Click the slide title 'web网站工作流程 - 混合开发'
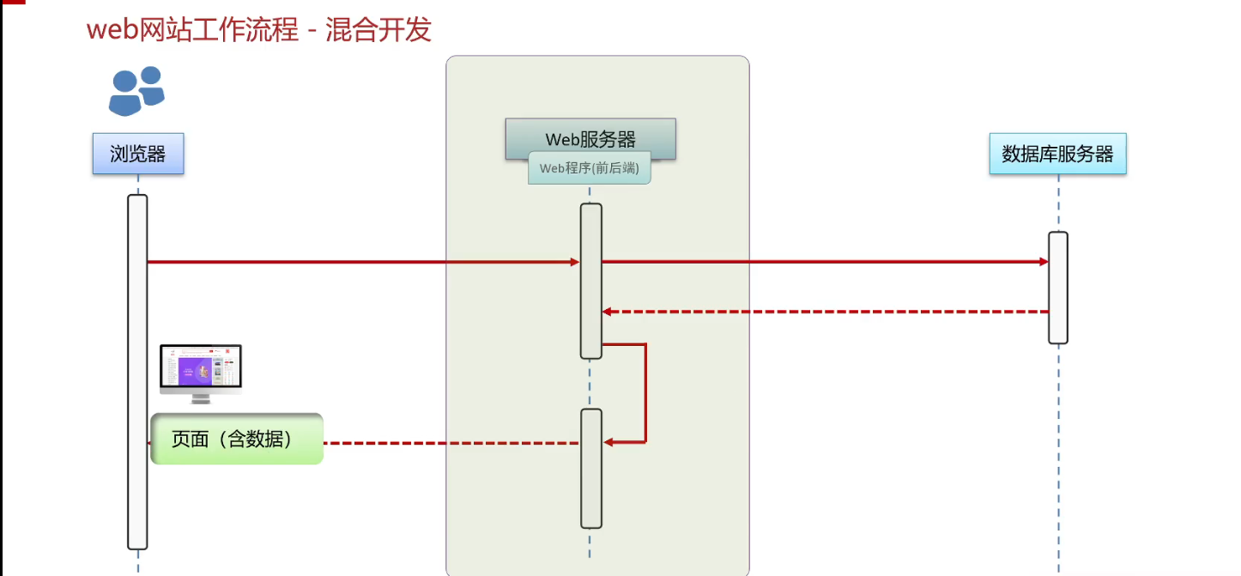click(258, 30)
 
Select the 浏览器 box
click(138, 155)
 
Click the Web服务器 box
click(590, 138)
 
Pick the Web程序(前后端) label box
click(590, 168)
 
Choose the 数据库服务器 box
click(1057, 155)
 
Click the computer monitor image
click(201, 372)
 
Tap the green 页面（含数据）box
click(236, 439)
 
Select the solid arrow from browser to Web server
click(360, 262)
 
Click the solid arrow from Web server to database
click(824, 262)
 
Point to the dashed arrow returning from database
click(824, 312)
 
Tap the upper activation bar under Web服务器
click(590, 281)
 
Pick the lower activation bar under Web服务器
click(590, 468)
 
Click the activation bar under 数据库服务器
click(1057, 288)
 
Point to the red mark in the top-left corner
click(13, 3)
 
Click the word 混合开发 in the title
click(378, 30)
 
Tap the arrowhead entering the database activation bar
click(1042, 262)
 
